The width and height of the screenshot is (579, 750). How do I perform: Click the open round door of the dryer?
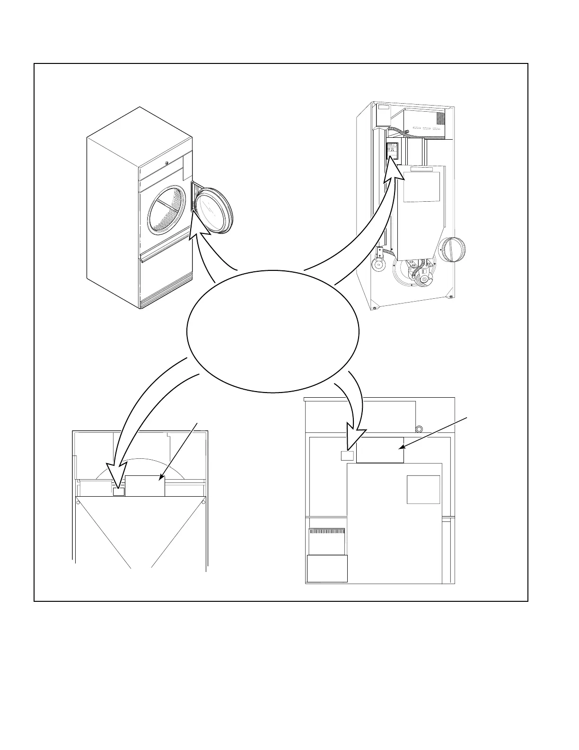pyautogui.click(x=213, y=209)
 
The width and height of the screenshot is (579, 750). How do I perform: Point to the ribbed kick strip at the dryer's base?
pyautogui.click(x=166, y=296)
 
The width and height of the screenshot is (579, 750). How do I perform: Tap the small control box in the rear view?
pyautogui.click(x=393, y=150)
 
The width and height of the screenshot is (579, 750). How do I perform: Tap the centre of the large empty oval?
pyautogui.click(x=273, y=331)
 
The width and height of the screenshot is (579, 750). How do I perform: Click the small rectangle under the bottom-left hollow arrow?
pyautogui.click(x=119, y=491)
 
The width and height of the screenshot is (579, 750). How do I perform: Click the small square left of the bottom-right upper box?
pyautogui.click(x=347, y=455)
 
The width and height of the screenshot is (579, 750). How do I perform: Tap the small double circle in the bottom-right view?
pyautogui.click(x=419, y=429)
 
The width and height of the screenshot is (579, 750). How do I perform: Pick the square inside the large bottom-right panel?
pyautogui.click(x=423, y=490)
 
